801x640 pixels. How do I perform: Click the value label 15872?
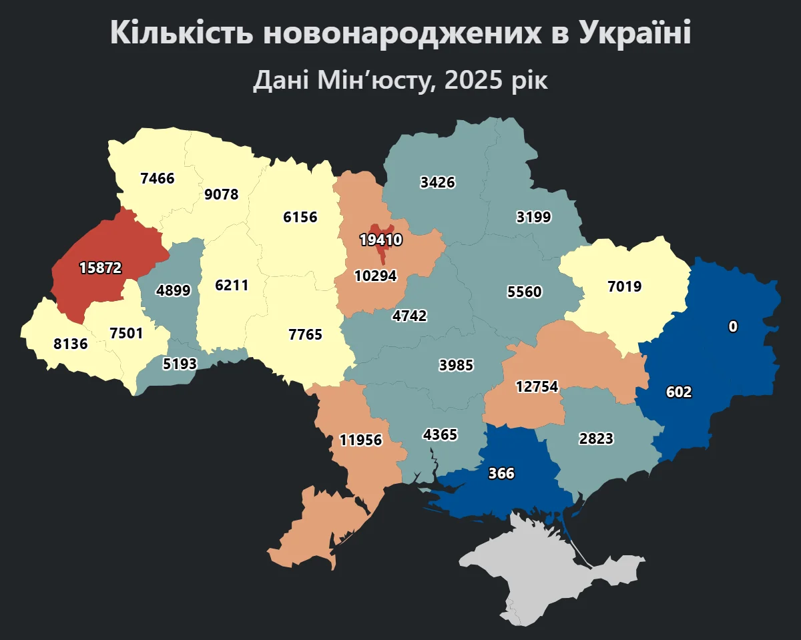click(100, 268)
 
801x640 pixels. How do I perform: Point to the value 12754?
click(537, 387)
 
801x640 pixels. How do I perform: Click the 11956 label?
click(360, 440)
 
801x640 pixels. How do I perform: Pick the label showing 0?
click(733, 326)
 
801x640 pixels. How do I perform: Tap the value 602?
click(679, 392)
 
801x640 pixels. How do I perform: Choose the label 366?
click(501, 473)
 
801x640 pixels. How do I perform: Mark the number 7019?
click(625, 287)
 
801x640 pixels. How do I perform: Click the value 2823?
click(597, 438)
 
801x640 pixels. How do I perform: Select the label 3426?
click(438, 182)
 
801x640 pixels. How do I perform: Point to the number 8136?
click(70, 344)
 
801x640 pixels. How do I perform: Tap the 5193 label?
click(180, 364)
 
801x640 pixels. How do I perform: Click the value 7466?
click(158, 178)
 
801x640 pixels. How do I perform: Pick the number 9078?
click(222, 194)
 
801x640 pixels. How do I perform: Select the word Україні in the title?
click(635, 33)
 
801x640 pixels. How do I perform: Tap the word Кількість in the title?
click(180, 33)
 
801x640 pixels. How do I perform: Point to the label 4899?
click(173, 290)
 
